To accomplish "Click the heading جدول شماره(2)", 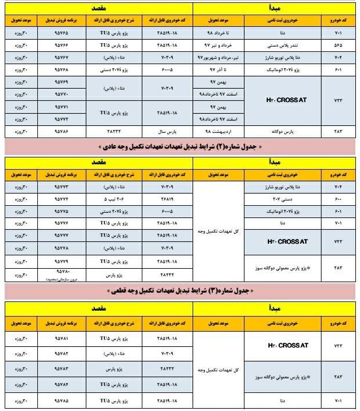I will click(x=180, y=146).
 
